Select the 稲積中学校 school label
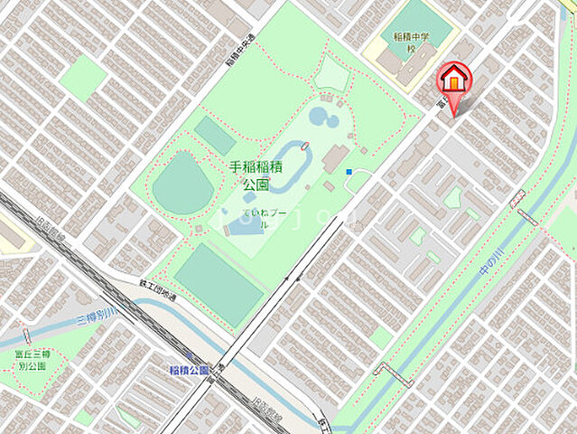[409, 42]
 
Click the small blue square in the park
[349, 171]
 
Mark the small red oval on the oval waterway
[305, 145]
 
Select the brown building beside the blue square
[338, 156]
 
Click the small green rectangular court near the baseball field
[215, 136]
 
